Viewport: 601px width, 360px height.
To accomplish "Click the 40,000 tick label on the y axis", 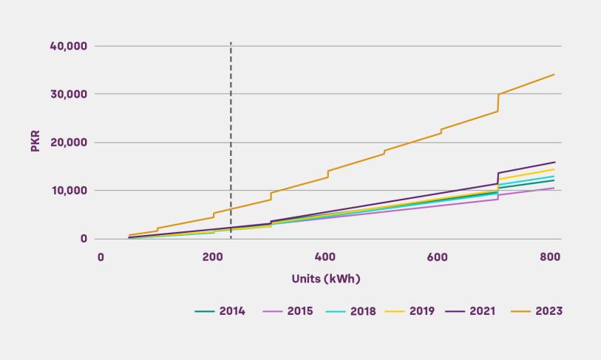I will [69, 46].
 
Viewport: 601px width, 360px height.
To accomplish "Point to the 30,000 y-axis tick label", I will [69, 95].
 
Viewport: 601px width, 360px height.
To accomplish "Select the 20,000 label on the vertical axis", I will [69, 143].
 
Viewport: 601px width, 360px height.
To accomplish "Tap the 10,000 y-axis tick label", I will [69, 191].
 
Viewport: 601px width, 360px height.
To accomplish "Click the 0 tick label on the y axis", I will [84, 239].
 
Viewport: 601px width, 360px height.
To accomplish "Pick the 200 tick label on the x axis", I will [212, 257].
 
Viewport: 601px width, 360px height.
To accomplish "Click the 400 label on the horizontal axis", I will [325, 257].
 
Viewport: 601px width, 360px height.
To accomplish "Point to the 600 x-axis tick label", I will [438, 257].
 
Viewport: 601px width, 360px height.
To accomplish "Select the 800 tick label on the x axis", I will [550, 257].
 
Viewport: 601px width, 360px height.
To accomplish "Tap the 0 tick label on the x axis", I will [101, 257].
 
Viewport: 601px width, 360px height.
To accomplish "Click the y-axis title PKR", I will [35, 142].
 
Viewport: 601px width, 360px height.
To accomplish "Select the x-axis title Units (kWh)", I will [326, 279].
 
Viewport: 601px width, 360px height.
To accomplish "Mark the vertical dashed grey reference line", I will [231, 111].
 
